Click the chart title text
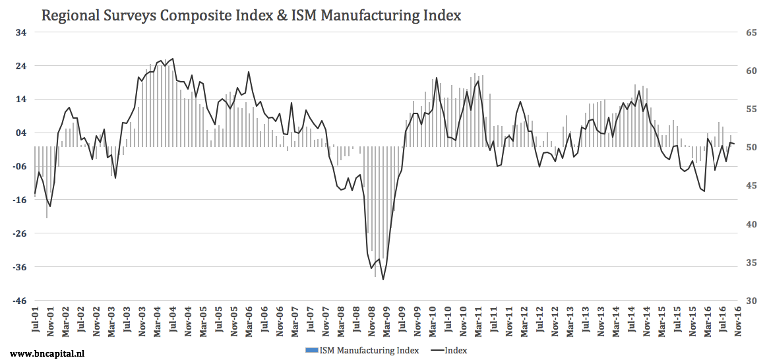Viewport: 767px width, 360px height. [251, 15]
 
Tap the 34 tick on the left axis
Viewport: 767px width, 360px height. [21, 32]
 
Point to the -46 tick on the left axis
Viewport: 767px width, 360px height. [20, 301]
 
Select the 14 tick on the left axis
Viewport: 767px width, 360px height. [21, 100]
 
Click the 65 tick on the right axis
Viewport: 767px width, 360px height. [751, 32]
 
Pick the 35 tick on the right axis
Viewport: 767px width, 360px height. [751, 263]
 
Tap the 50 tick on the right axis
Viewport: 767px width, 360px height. [751, 148]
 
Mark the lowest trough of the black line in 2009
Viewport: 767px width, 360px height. [383, 280]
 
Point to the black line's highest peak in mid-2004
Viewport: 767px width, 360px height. [173, 59]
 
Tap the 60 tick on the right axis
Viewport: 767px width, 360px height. [751, 71]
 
